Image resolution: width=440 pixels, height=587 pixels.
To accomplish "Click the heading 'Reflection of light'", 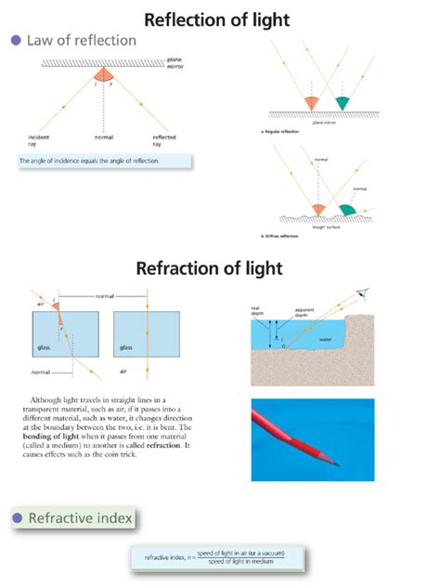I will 220,19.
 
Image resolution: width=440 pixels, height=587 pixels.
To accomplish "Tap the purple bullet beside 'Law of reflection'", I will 14,40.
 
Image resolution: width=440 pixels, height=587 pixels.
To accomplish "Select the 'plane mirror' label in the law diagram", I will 176,65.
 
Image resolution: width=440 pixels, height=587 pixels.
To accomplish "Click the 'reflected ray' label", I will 164,140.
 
